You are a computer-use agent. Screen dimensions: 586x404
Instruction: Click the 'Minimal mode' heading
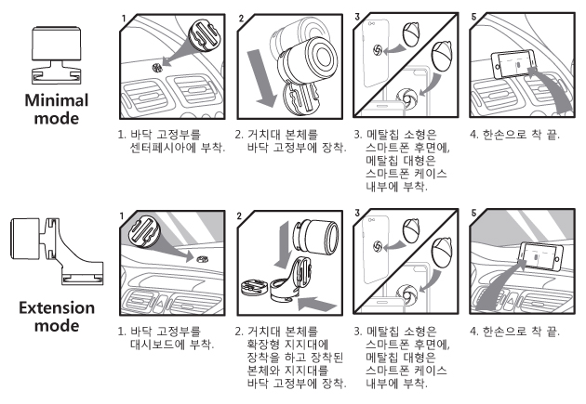[x=57, y=110]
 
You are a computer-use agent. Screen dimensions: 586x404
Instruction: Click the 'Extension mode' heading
[x=57, y=317]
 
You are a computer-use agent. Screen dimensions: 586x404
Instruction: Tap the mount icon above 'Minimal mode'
[x=56, y=55]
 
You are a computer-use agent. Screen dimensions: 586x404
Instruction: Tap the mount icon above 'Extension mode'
[x=57, y=251]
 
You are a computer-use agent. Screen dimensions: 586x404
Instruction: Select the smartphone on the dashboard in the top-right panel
[x=513, y=64]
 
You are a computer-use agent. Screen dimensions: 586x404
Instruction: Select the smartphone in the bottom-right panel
[x=539, y=256]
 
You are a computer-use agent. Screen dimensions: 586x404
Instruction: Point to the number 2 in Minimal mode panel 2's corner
[x=241, y=19]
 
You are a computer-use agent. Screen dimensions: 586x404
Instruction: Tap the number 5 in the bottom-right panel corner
[x=473, y=214]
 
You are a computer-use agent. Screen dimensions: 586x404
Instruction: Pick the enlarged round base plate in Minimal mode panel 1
[x=204, y=35]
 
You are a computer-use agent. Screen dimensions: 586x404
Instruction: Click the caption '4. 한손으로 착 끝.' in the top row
[x=514, y=135]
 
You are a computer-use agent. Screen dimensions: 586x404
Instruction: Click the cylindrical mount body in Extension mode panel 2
[x=317, y=237]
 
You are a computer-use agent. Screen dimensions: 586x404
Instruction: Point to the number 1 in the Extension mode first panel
[x=122, y=216]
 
